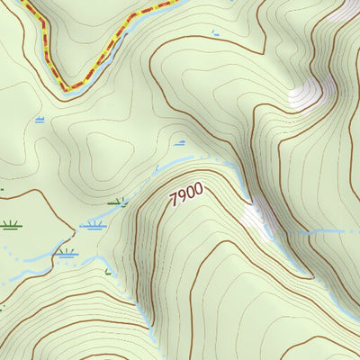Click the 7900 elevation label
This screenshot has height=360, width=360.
click(x=186, y=195)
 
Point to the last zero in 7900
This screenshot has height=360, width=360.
click(x=199, y=189)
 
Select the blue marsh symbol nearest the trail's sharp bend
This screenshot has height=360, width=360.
click(x=40, y=118)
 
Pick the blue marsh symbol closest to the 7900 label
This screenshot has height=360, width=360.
click(x=180, y=142)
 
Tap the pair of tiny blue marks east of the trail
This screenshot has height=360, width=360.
click(x=214, y=33)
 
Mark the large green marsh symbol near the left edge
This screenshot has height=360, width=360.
click(x=10, y=224)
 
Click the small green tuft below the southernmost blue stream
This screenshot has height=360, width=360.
click(x=108, y=272)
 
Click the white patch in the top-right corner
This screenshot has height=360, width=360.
click(x=345, y=11)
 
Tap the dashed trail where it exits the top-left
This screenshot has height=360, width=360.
click(x=27, y=4)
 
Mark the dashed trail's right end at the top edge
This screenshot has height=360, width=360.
click(x=171, y=3)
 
